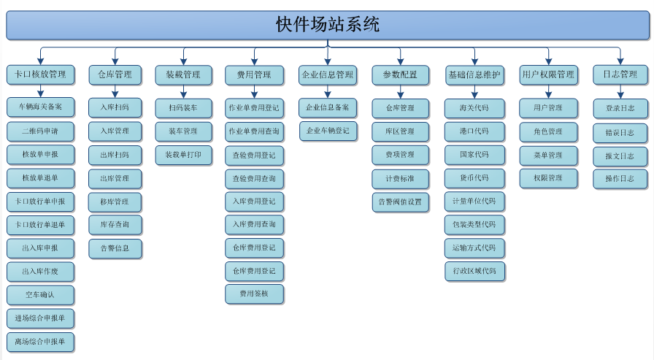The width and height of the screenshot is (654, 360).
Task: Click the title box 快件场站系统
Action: click(x=327, y=24)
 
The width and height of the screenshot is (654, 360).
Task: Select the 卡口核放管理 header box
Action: click(x=41, y=74)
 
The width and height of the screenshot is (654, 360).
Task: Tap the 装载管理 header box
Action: click(x=182, y=74)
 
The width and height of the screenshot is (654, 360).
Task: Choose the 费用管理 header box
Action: click(x=253, y=74)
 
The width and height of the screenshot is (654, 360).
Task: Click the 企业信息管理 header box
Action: click(x=327, y=74)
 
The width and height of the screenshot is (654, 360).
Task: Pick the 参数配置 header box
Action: click(x=400, y=74)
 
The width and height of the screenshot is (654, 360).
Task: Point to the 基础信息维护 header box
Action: click(x=474, y=74)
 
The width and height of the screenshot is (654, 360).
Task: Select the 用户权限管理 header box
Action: click(x=548, y=74)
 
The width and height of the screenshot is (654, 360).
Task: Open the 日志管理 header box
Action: click(x=620, y=74)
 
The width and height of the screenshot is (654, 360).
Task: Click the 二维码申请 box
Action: click(x=41, y=131)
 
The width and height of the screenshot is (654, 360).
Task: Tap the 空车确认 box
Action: click(x=41, y=295)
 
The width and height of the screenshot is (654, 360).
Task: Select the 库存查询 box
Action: click(x=115, y=225)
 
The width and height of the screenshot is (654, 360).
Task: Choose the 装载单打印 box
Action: click(x=183, y=155)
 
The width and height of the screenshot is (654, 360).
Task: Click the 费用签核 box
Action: click(x=254, y=294)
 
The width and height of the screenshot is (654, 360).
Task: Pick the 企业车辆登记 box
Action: click(x=328, y=131)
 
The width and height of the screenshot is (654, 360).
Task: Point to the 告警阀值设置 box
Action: click(x=401, y=202)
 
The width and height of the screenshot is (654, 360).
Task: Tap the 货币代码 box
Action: click(x=474, y=178)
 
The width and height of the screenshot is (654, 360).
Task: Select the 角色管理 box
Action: click(x=548, y=131)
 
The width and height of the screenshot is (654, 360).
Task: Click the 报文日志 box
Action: click(x=620, y=155)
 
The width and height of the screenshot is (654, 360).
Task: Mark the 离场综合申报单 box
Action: click(x=41, y=342)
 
